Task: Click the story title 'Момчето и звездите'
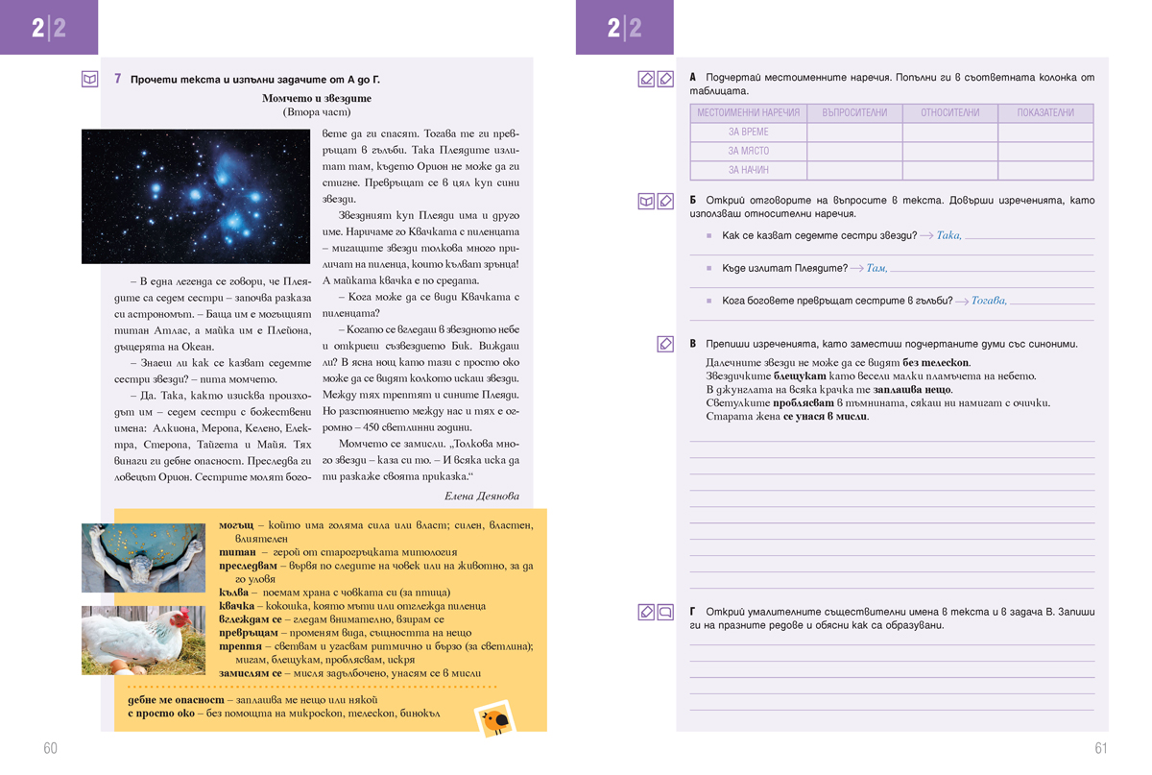[316, 98]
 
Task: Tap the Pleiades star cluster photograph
[196, 197]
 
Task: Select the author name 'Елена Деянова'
[482, 496]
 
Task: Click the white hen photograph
[143, 640]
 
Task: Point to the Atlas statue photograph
[143, 558]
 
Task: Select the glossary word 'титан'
[237, 552]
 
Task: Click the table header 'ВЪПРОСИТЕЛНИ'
[854, 112]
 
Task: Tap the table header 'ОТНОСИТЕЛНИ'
[950, 112]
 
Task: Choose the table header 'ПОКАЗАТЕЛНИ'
[1045, 112]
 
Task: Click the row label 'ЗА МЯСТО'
[749, 151]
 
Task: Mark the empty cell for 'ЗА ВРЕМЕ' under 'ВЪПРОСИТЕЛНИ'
[854, 132]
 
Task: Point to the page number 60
[50, 748]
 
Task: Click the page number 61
[1101, 748]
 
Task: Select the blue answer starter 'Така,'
[948, 235]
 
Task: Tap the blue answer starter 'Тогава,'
[989, 301]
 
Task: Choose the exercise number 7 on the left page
[117, 79]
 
